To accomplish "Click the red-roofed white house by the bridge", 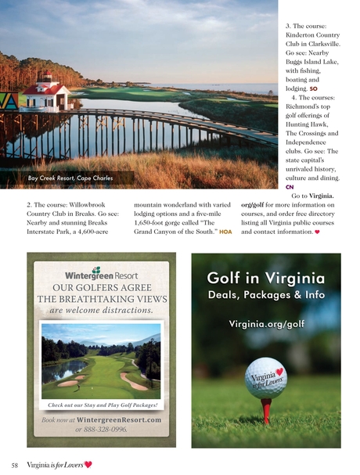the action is coord(46,95).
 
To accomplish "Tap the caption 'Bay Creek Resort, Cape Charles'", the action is coord(70,178).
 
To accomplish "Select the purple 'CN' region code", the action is coord(290,188).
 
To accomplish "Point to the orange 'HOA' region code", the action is coord(226,232).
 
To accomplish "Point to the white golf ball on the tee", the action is coord(266,378).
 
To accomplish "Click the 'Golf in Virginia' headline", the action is coord(266,279).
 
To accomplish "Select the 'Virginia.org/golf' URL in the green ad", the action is coord(266,323).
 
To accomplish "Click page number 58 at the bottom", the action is coord(15,464).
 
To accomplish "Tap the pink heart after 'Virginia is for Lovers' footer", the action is coord(88,464).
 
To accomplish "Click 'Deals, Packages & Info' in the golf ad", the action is coord(266,296).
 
